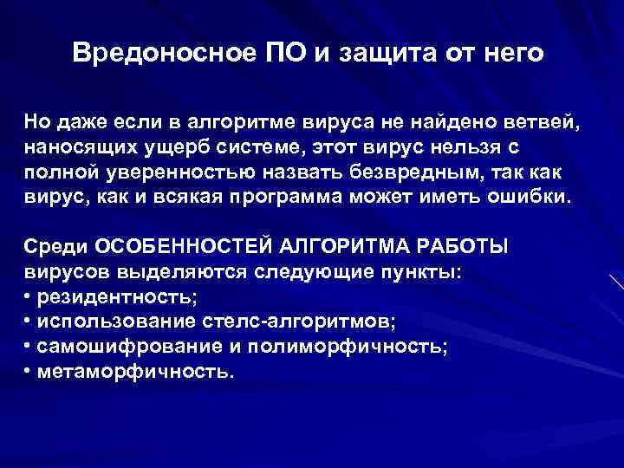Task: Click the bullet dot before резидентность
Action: click(29, 297)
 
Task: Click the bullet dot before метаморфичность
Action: click(29, 372)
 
